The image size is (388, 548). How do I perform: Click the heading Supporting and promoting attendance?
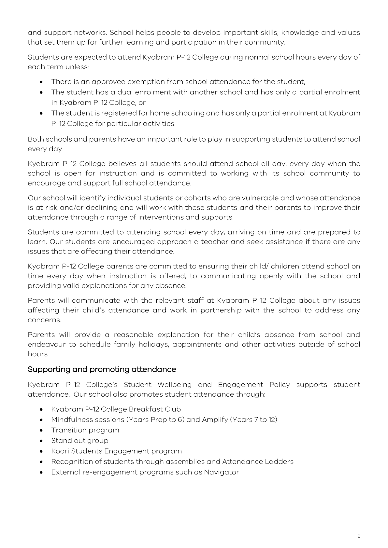tap(102, 369)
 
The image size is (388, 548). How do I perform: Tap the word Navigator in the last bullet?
tap(222, 472)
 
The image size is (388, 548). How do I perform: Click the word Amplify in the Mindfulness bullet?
tap(215, 419)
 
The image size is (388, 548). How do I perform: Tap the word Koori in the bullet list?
tap(60, 451)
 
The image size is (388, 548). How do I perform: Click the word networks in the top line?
tap(90, 33)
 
